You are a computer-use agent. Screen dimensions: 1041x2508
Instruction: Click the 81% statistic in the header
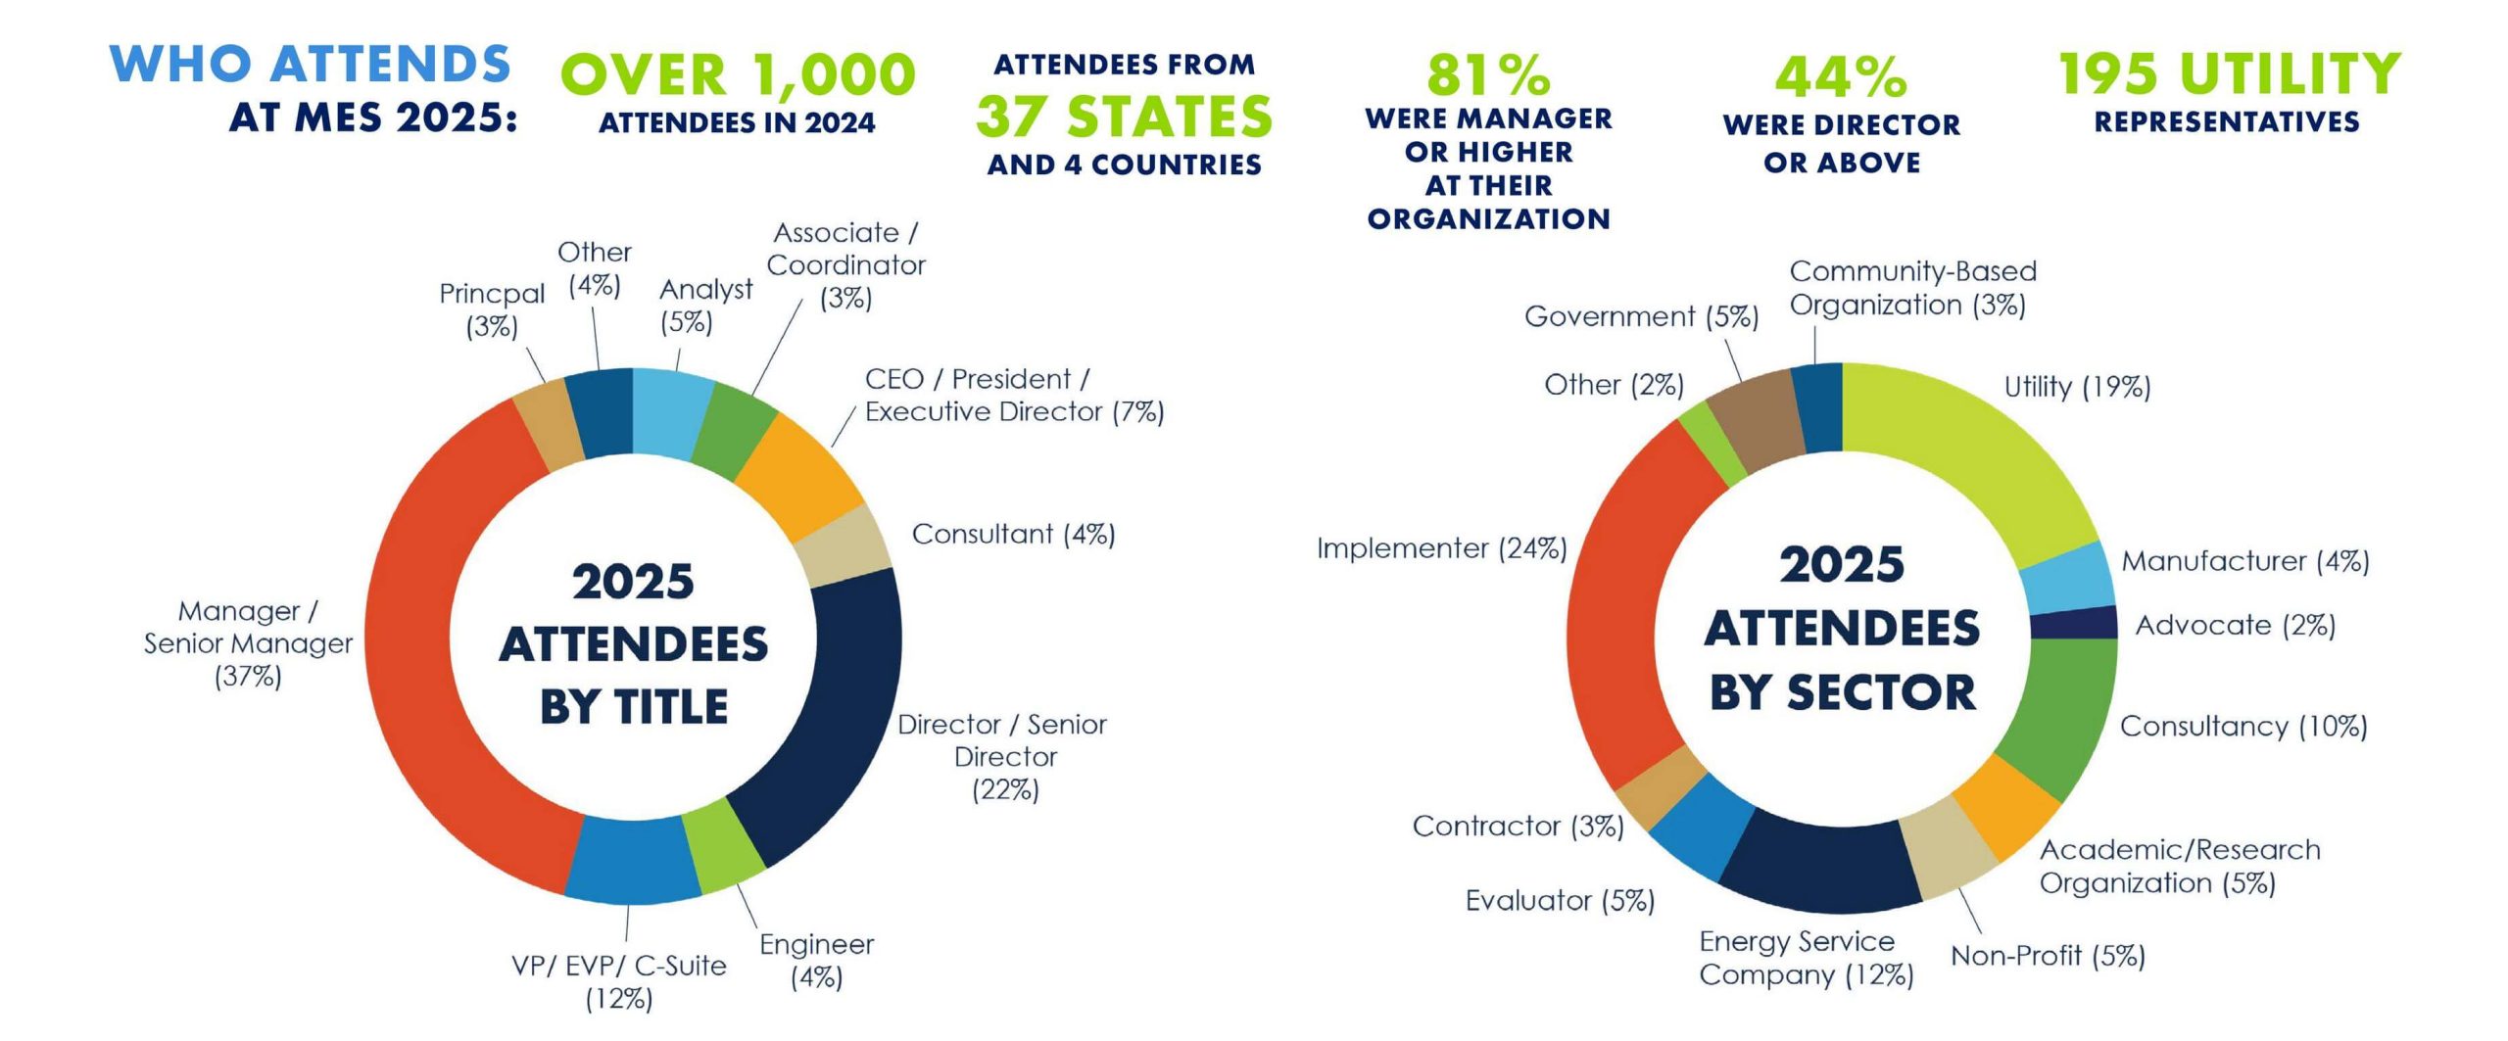1487,74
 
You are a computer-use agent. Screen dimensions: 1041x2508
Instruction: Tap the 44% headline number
1841,77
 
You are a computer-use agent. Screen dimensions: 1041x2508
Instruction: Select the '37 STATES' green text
1124,117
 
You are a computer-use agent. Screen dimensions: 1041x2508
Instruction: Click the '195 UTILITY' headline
2229,74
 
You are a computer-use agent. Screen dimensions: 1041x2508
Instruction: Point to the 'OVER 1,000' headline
738,74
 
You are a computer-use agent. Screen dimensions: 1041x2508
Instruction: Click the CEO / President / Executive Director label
1014,396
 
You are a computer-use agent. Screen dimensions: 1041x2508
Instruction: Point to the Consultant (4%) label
1013,535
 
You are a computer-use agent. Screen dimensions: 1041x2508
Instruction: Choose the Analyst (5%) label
705,306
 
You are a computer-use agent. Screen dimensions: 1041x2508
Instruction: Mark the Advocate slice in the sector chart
2073,623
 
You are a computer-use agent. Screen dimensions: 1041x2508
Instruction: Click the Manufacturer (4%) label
2244,562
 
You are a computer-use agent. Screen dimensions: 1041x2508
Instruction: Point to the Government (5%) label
1641,317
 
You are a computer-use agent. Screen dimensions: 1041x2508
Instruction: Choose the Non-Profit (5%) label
2048,956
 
